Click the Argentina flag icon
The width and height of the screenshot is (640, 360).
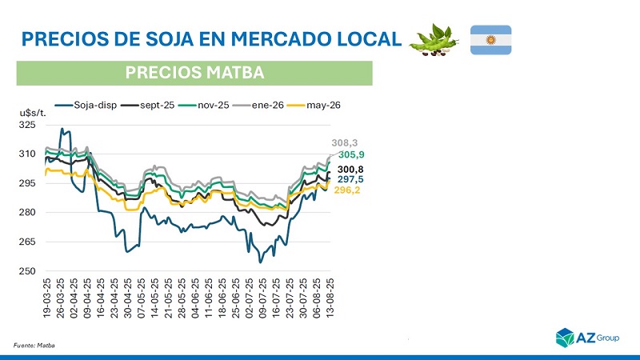point(490,40)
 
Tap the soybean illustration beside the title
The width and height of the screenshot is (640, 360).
point(434,40)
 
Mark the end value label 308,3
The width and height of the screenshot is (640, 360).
point(345,142)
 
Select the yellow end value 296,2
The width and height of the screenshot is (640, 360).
point(346,190)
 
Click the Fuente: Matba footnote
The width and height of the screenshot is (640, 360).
point(34,344)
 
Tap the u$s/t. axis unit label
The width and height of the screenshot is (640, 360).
point(33,113)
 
